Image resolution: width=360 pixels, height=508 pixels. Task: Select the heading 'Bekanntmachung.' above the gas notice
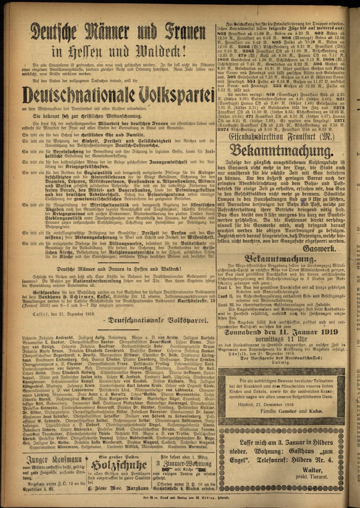coord(281,150)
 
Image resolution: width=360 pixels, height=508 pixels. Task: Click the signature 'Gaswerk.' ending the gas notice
coord(320,249)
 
